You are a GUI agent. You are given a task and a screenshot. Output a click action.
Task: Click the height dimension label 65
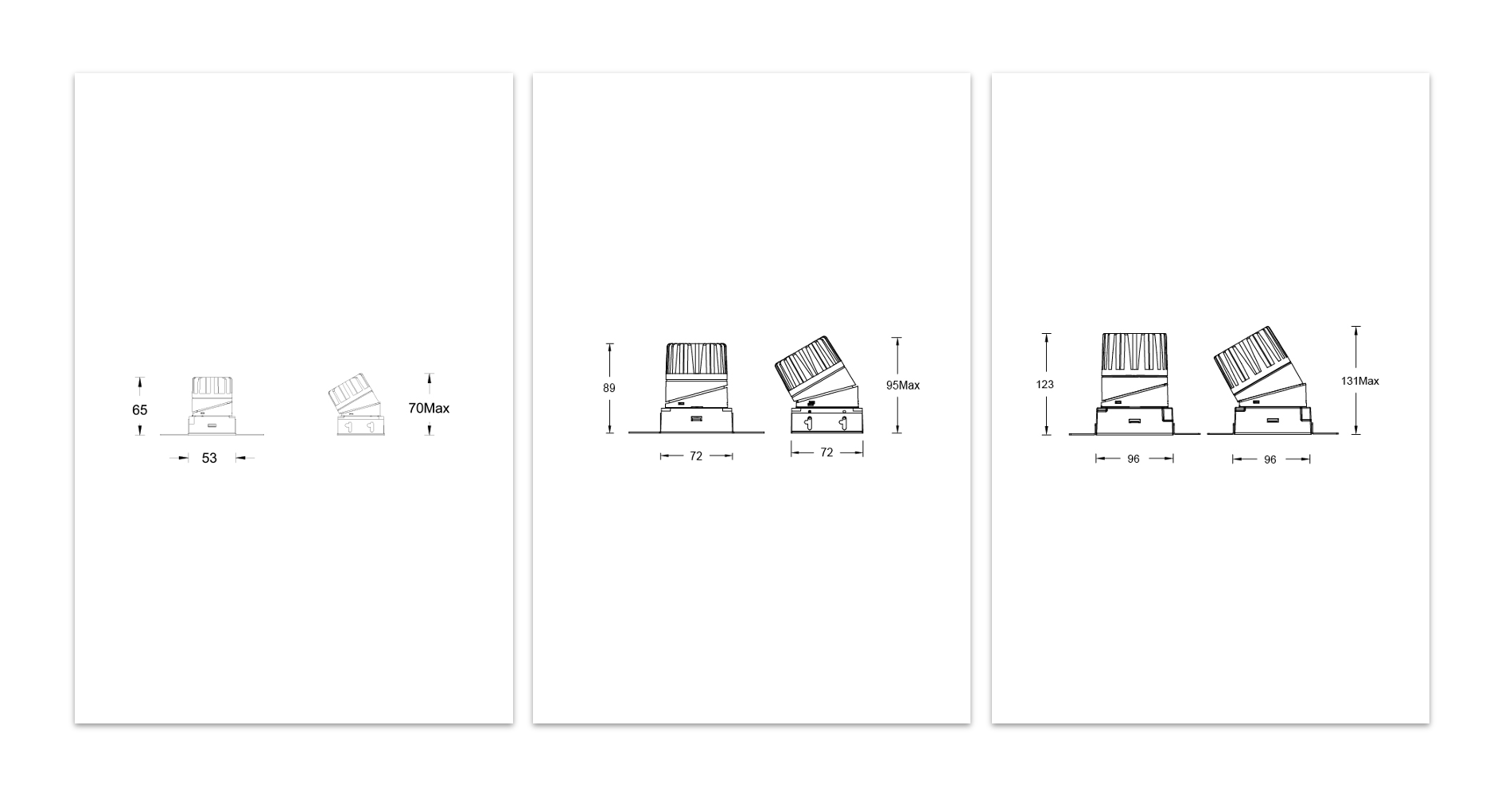[140, 410]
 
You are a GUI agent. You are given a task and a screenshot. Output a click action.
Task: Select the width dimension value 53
[209, 458]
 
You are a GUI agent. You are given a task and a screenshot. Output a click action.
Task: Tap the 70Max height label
[429, 409]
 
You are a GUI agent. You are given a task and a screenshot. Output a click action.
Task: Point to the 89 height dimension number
[609, 389]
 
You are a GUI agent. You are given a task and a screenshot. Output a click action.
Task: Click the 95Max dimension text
[903, 386]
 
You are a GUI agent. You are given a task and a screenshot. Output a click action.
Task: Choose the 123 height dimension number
[1044, 385]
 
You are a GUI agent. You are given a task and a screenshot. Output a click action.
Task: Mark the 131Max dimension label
[1359, 381]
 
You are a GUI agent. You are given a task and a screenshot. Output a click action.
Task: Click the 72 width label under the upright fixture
[696, 456]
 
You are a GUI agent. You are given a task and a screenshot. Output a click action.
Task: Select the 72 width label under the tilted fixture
[826, 452]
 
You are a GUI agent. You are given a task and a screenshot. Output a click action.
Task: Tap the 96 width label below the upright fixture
[1134, 459]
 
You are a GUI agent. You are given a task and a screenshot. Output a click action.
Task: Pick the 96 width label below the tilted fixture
[1270, 460]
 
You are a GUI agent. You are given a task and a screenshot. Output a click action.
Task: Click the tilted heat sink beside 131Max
[1247, 356]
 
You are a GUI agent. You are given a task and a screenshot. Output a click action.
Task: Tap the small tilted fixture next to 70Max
[355, 407]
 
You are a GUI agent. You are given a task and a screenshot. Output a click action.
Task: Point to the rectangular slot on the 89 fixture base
[696, 419]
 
